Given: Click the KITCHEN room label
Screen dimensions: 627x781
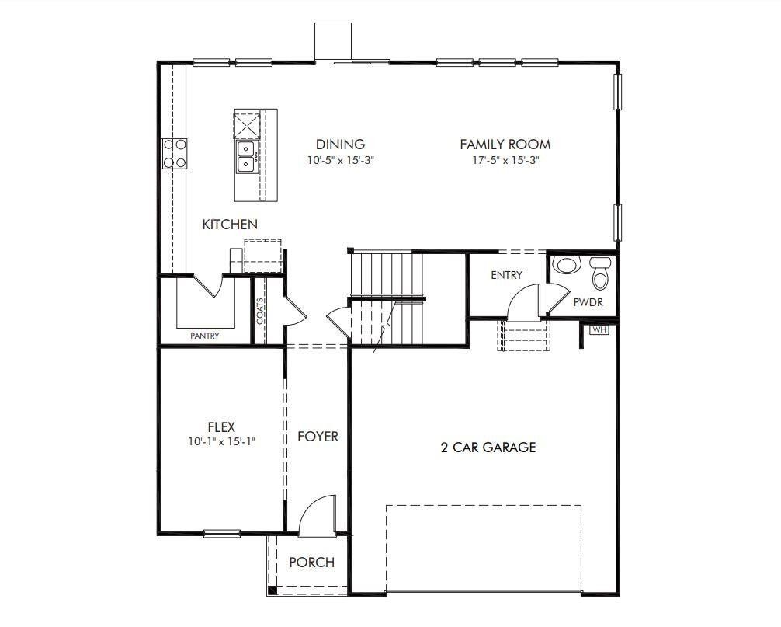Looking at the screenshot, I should tap(230, 225).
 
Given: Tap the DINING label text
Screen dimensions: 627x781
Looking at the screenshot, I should tap(340, 145).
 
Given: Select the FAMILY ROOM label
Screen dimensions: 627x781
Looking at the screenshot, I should tap(505, 145).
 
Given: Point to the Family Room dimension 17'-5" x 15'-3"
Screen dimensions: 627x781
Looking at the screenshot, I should tap(505, 161).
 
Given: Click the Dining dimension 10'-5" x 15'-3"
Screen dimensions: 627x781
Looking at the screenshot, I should tap(340, 161).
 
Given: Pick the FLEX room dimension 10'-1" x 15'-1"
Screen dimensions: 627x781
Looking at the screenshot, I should tap(221, 441).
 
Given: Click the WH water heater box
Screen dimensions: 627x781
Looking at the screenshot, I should tap(599, 329).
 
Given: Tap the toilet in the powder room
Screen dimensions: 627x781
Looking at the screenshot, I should tap(601, 273).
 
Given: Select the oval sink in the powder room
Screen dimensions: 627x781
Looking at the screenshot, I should tap(566, 265).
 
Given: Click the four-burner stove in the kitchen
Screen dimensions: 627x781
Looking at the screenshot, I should tap(174, 153).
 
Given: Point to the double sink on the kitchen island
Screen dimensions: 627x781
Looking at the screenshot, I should tap(246, 156).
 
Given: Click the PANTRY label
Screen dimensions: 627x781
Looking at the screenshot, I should tap(205, 336).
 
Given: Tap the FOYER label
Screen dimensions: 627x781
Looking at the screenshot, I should tap(318, 437).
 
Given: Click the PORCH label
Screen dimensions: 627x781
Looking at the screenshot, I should tap(311, 563).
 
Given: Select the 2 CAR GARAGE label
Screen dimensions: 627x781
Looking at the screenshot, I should tap(488, 448).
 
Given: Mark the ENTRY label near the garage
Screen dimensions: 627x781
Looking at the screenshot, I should tap(506, 275).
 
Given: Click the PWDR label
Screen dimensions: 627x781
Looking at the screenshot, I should tap(588, 303).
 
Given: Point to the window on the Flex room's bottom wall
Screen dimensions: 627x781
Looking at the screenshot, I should tap(222, 533).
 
